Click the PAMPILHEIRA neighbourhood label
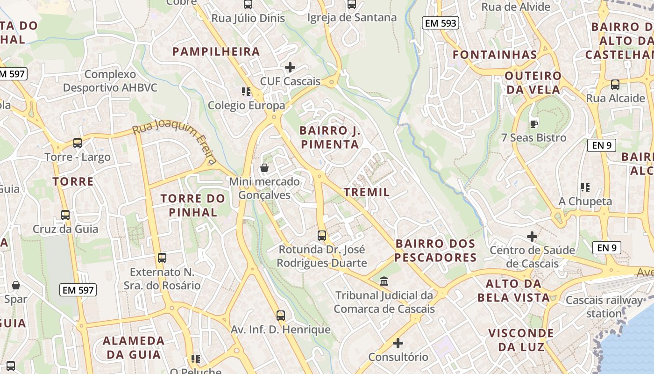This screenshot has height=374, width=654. (x=216, y=51)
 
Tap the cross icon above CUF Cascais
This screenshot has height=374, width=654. (x=290, y=67)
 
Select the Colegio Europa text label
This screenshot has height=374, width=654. (x=246, y=105)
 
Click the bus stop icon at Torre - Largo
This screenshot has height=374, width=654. (x=78, y=143)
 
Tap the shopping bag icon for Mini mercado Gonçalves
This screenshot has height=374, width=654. (x=264, y=168)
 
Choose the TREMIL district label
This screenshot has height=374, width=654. (x=367, y=192)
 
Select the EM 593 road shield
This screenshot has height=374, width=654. (x=440, y=23)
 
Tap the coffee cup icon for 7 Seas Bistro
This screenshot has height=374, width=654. (x=533, y=124)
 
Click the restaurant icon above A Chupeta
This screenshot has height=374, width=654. (x=585, y=187)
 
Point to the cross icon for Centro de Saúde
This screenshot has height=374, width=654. (x=532, y=237)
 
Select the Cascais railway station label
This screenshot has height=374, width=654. (x=604, y=307)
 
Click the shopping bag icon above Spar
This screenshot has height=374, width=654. (x=16, y=285)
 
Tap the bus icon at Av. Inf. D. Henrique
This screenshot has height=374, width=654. (x=280, y=316)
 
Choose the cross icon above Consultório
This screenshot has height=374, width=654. (x=398, y=344)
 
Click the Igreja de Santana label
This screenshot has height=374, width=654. (x=352, y=17)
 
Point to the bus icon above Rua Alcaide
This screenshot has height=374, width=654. (x=615, y=85)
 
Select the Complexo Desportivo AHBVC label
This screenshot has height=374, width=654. (x=110, y=81)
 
